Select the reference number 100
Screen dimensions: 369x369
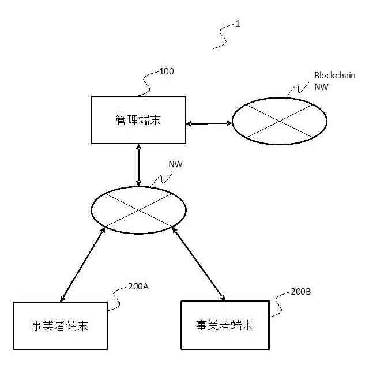point(166,71)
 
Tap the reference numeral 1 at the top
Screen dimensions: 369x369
point(238,24)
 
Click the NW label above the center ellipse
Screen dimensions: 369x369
point(175,164)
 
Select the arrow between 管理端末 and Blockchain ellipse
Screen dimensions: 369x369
point(209,123)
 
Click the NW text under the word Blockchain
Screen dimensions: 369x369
point(321,87)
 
